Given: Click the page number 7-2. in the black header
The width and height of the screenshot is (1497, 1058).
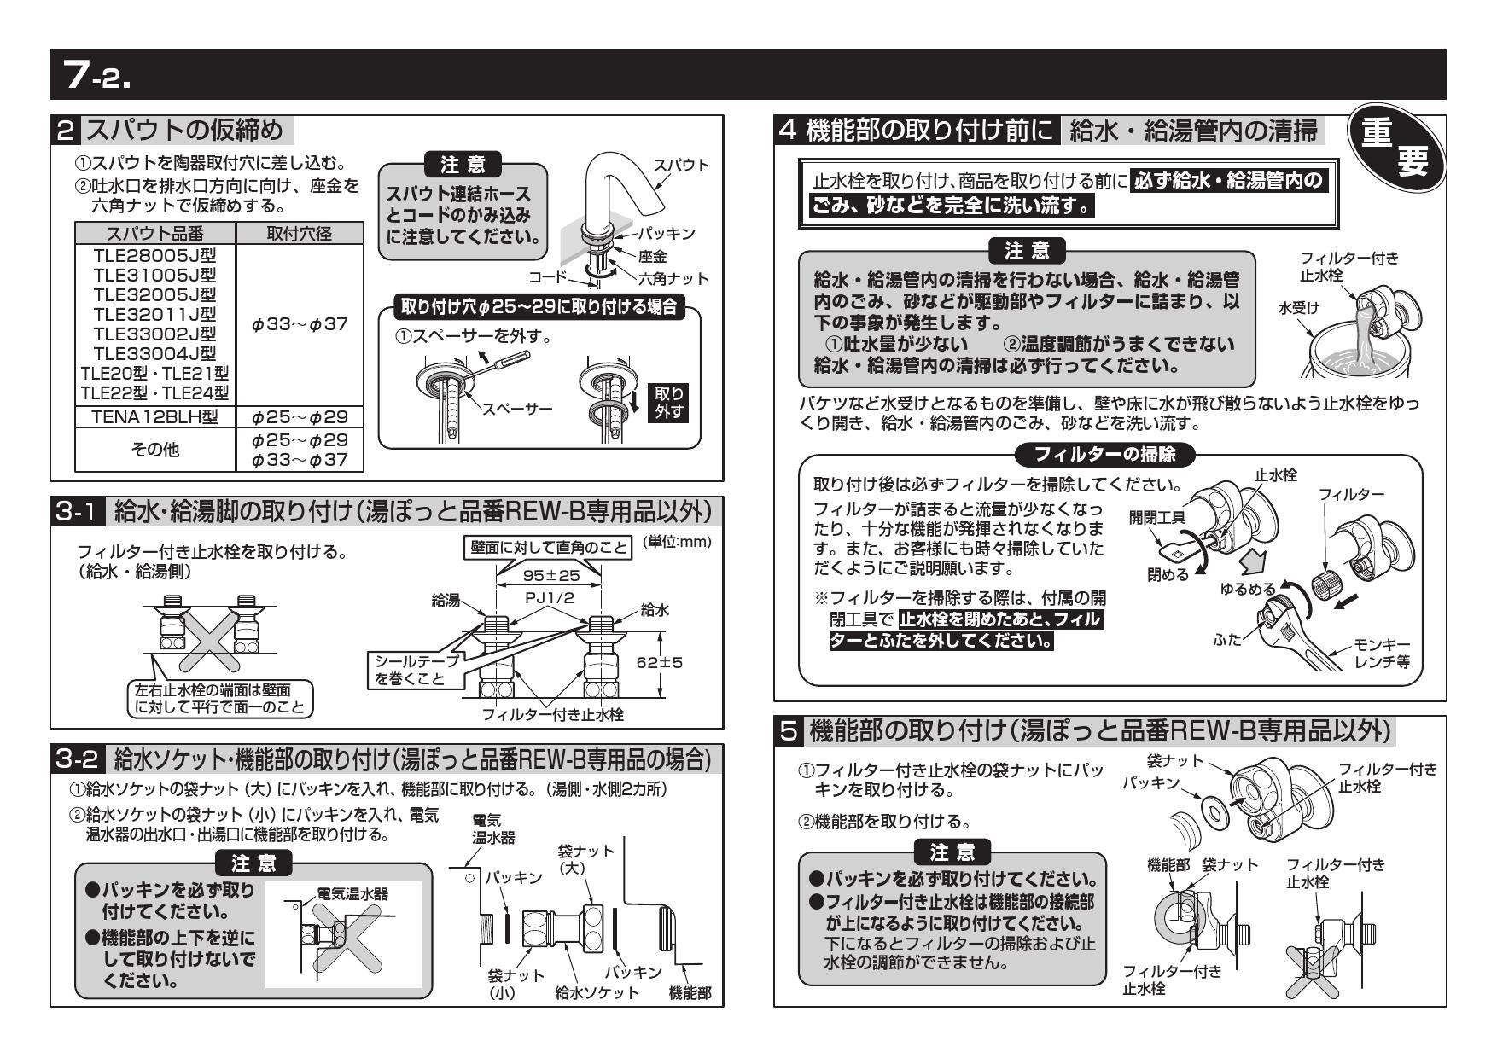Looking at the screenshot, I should pyautogui.click(x=100, y=76).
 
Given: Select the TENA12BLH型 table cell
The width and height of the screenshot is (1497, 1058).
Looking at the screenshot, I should pyautogui.click(x=154, y=417).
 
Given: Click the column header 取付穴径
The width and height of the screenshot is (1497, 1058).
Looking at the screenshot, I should pyautogui.click(x=298, y=234).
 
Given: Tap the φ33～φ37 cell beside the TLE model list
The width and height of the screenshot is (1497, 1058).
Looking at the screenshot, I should pyautogui.click(x=300, y=325).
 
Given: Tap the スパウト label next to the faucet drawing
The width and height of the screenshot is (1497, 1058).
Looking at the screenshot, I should pyautogui.click(x=680, y=165).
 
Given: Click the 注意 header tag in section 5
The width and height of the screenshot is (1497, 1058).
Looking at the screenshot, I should pyautogui.click(x=952, y=851).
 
